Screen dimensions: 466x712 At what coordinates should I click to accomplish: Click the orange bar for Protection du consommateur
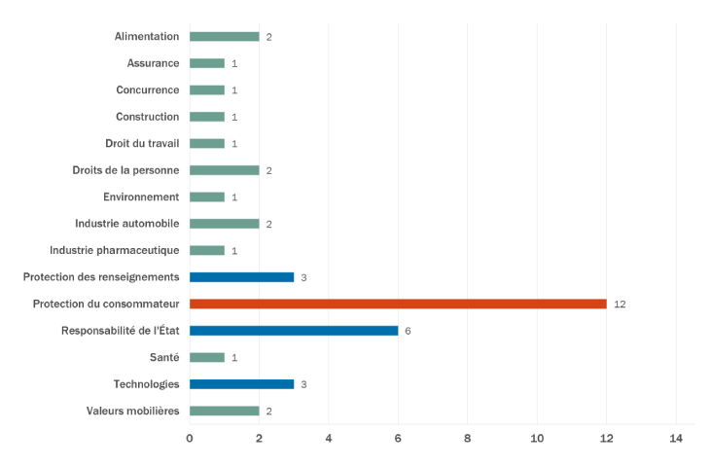click(398, 304)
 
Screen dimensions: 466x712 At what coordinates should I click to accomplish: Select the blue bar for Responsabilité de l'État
click(294, 331)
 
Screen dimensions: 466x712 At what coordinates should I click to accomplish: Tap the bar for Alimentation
click(224, 37)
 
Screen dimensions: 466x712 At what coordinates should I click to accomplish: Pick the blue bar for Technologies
click(241, 384)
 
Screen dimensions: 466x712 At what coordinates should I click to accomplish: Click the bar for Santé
click(207, 357)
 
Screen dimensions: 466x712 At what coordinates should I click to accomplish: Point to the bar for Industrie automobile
click(224, 224)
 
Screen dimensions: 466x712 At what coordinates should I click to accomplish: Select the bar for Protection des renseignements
click(241, 277)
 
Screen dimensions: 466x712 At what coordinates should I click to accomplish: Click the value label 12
click(620, 305)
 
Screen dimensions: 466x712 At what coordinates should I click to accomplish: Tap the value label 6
click(408, 331)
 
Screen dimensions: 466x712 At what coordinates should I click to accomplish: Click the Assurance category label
click(153, 63)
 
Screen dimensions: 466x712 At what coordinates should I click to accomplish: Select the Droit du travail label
click(142, 143)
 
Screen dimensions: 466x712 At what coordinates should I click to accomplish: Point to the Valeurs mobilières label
click(132, 411)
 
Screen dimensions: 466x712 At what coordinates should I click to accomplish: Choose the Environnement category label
click(141, 197)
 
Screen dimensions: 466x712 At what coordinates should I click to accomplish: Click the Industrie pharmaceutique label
click(115, 250)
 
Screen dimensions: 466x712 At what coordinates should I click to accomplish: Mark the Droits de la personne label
click(125, 170)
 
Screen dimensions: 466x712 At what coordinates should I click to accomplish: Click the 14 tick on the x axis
click(676, 439)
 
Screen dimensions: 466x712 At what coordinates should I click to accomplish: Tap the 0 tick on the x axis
click(190, 439)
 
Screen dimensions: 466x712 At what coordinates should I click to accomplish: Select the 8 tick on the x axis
click(468, 439)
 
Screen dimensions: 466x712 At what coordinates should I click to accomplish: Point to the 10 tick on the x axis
click(537, 439)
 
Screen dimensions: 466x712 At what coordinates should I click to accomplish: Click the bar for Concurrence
click(207, 90)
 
